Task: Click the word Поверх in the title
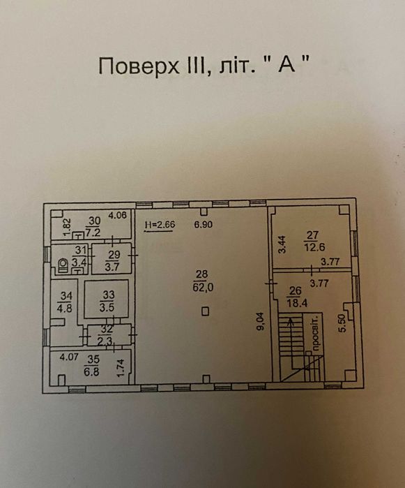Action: [x=139, y=66]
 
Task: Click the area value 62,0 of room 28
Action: [x=203, y=288]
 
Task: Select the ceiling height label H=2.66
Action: [x=160, y=225]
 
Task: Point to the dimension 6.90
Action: [x=204, y=224]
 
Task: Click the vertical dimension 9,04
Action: [x=261, y=321]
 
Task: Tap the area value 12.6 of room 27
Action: [x=314, y=247]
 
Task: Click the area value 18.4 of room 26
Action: [x=297, y=303]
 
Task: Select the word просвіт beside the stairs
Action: [x=316, y=335]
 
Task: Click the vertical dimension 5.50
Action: [x=342, y=323]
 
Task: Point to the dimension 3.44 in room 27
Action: [x=282, y=244]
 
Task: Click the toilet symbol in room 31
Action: [x=63, y=265]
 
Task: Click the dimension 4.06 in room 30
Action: [x=117, y=215]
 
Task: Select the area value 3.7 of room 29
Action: [x=112, y=267]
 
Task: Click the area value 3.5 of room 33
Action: [x=107, y=307]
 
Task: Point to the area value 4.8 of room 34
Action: [x=65, y=307]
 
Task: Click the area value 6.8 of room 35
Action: [x=91, y=371]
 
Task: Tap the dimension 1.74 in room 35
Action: [x=120, y=367]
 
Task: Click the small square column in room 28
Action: [x=205, y=311]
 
